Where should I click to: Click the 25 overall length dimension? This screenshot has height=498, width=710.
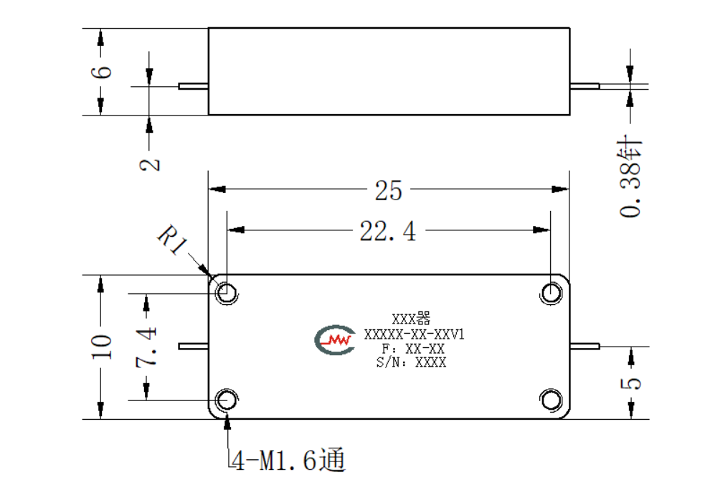[x=388, y=190]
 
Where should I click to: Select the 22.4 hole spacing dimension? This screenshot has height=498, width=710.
[x=387, y=230]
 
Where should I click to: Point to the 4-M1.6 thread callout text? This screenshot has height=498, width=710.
[x=289, y=461]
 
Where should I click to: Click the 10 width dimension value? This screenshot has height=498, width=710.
[x=101, y=347]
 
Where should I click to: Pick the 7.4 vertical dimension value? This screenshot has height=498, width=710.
[x=146, y=347]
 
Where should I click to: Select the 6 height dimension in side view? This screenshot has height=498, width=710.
[x=101, y=72]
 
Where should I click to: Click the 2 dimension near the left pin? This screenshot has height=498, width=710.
[x=149, y=164]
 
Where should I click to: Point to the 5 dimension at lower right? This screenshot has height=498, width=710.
[x=630, y=383]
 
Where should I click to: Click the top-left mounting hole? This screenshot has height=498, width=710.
[x=226, y=292]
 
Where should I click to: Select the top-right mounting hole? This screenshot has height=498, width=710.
[x=551, y=292]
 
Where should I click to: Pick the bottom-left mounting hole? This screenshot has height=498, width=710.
[x=226, y=400]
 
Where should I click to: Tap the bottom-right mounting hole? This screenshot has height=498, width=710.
[x=551, y=400]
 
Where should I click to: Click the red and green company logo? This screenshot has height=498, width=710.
[x=335, y=339]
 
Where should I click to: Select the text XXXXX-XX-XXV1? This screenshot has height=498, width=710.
[x=415, y=334]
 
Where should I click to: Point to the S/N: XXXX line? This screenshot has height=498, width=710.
[x=411, y=362]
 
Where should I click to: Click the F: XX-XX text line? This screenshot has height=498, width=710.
[x=413, y=349]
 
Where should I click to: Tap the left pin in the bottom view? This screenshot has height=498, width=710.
[x=194, y=346]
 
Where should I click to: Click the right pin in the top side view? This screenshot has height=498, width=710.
[x=584, y=85]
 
